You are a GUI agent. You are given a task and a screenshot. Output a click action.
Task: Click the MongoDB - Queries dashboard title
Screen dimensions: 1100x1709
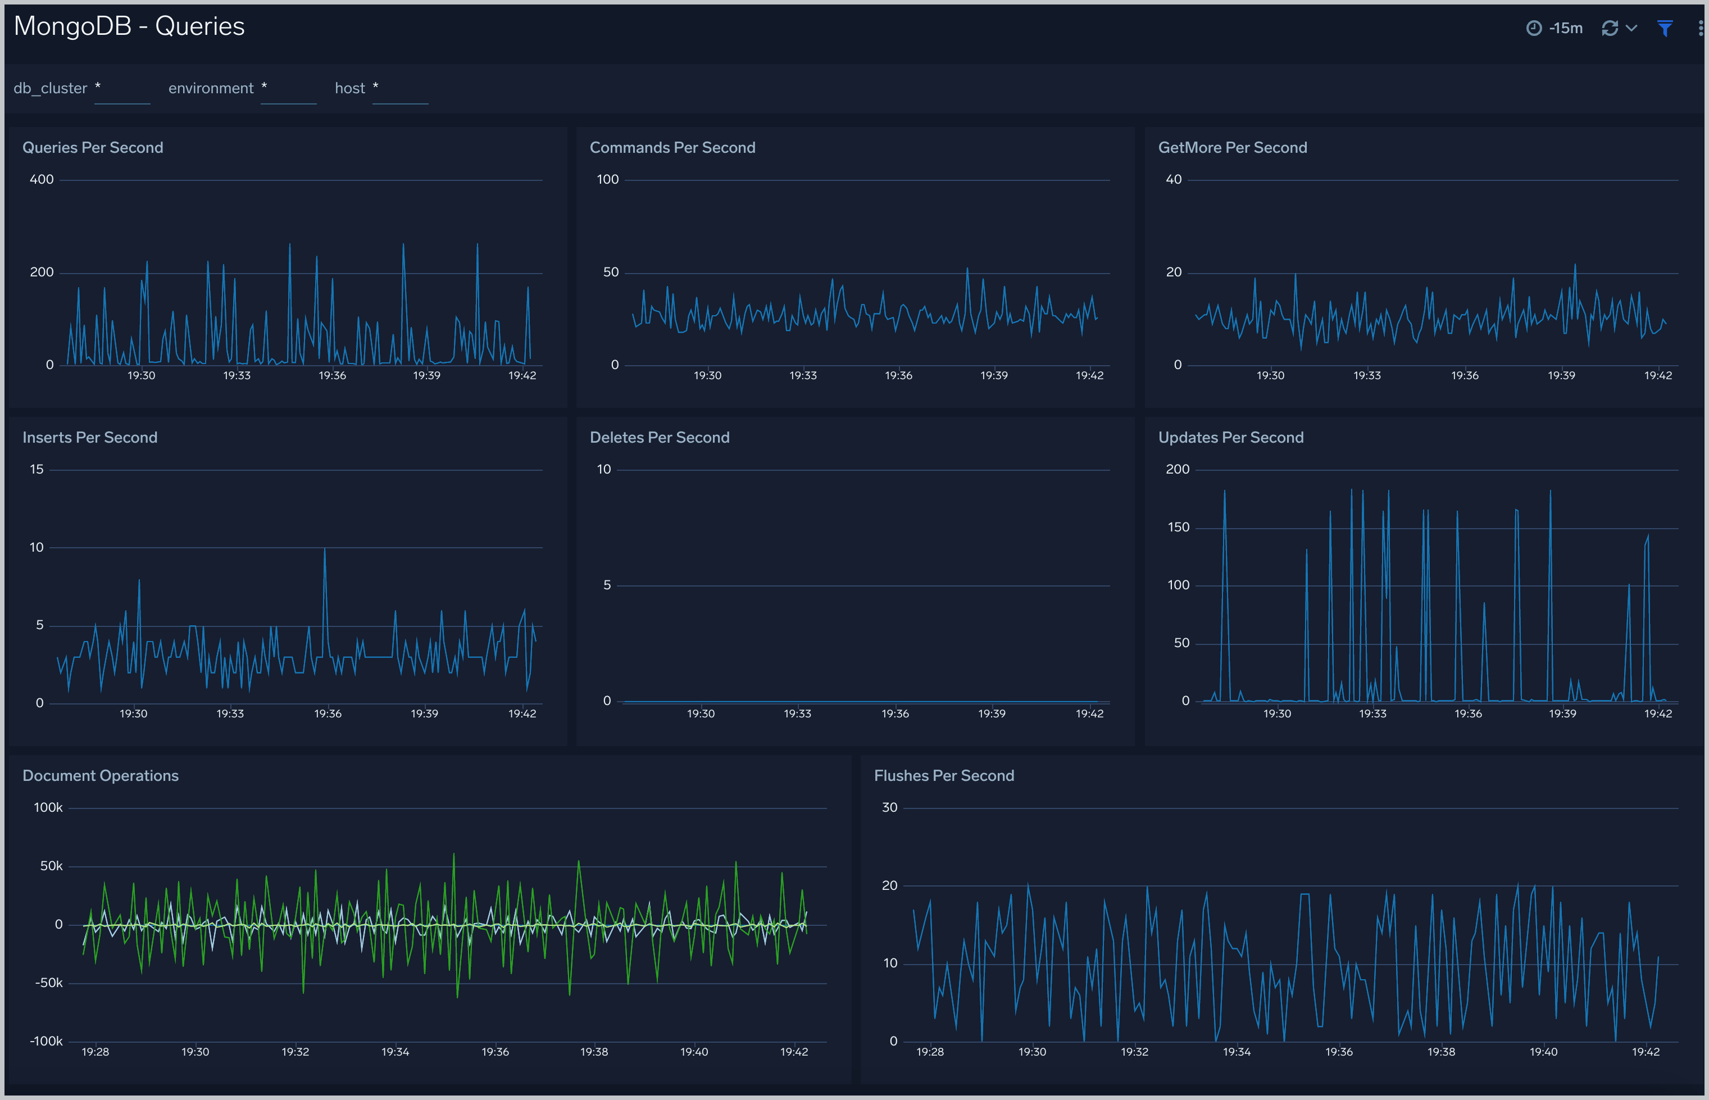(129, 26)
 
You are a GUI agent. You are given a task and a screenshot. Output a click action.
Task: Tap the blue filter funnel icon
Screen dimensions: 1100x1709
(1665, 28)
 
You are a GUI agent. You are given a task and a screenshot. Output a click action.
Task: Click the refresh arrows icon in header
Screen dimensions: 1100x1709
(1610, 28)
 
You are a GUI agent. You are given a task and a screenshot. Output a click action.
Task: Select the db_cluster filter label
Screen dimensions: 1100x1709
(50, 88)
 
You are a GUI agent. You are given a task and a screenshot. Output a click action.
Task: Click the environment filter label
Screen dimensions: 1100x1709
(211, 88)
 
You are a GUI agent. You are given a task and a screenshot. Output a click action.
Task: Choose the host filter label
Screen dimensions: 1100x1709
(349, 88)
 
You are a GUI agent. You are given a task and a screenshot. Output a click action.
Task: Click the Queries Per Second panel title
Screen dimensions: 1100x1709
(93, 147)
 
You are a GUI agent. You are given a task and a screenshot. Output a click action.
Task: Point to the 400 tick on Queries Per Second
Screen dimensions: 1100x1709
(42, 179)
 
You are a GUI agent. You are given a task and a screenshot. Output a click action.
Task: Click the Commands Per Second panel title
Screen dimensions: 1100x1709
(672, 147)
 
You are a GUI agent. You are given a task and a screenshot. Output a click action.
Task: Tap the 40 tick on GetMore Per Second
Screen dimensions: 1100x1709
(1174, 179)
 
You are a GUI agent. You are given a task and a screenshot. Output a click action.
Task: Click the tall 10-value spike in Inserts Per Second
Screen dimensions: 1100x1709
(325, 550)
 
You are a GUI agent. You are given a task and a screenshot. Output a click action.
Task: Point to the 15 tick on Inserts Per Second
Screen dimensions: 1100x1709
(37, 469)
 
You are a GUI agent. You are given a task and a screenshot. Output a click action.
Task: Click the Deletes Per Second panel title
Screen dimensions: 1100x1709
(659, 437)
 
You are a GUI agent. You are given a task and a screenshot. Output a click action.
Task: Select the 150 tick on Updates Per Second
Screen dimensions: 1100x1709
(1178, 527)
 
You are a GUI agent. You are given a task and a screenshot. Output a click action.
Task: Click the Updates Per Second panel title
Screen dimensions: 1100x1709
(1230, 437)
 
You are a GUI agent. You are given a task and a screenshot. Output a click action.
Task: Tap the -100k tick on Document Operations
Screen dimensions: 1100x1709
(47, 1040)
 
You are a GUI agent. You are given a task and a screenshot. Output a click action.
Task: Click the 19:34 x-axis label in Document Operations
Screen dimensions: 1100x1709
(395, 1052)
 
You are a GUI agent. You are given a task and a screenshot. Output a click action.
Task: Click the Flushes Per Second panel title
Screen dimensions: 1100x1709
(943, 776)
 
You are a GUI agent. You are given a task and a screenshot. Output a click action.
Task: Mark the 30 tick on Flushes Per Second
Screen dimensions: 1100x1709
(889, 807)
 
